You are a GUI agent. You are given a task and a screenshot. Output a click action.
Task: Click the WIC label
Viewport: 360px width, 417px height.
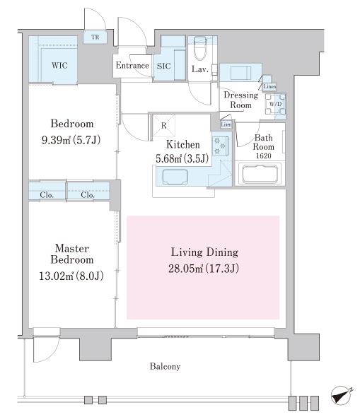click(x=59, y=65)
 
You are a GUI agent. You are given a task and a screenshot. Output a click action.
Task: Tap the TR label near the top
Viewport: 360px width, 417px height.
click(x=95, y=37)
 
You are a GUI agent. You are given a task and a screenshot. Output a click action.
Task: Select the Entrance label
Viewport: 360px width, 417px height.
click(x=132, y=66)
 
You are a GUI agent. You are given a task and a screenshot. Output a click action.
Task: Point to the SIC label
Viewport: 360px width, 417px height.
click(x=163, y=66)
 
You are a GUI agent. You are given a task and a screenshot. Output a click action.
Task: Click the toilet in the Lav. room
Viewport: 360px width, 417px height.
click(x=200, y=48)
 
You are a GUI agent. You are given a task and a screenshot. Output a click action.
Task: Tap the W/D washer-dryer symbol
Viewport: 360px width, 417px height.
click(x=275, y=104)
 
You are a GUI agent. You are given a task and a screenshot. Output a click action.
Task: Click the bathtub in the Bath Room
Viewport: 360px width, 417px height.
click(x=260, y=174)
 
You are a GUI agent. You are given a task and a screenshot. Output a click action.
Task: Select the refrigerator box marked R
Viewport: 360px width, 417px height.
click(x=163, y=125)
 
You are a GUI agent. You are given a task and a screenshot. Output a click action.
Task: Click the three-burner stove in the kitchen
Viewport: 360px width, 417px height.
click(x=220, y=145)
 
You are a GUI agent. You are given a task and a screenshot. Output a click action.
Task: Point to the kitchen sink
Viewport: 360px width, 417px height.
click(x=172, y=177)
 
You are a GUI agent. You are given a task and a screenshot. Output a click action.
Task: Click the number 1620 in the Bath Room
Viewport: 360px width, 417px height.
click(x=263, y=155)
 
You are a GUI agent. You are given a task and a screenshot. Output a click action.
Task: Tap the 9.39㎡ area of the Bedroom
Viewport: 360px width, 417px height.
click(x=56, y=140)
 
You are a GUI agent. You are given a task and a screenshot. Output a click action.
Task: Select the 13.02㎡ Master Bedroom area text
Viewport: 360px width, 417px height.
click(x=57, y=276)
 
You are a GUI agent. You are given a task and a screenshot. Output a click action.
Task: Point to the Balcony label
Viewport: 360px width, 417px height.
click(x=165, y=367)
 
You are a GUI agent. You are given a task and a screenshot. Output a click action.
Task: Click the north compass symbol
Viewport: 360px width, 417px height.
click(x=341, y=396)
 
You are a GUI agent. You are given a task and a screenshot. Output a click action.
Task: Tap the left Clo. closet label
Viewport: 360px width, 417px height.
click(x=47, y=195)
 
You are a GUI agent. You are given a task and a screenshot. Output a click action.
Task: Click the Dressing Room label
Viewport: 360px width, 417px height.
click(x=240, y=100)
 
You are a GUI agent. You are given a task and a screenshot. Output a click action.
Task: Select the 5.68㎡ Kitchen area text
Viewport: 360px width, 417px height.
click(x=169, y=159)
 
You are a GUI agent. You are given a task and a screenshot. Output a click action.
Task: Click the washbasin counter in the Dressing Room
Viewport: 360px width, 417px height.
click(x=240, y=72)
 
